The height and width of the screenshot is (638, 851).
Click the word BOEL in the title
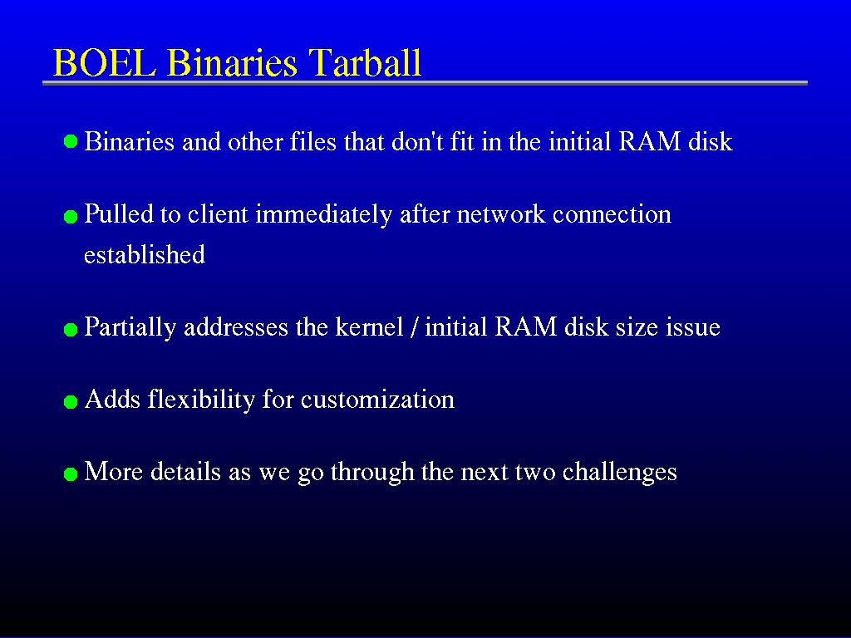105,62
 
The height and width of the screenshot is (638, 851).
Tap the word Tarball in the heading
365,62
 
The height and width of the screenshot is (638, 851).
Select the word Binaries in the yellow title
233,62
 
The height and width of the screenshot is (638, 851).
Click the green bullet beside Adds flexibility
71,402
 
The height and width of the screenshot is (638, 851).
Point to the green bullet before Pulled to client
71,217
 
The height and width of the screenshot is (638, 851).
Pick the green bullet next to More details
71,474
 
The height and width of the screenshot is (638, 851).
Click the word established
145,254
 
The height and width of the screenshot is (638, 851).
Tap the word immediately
323,215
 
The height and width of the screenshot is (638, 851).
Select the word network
500,214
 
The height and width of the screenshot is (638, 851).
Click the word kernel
369,326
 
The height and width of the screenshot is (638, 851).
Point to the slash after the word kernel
414,327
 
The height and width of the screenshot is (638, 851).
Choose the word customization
377,400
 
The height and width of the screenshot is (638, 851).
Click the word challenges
619,472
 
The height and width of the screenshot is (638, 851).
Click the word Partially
130,327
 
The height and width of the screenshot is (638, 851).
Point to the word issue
693,327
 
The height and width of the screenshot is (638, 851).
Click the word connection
612,214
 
